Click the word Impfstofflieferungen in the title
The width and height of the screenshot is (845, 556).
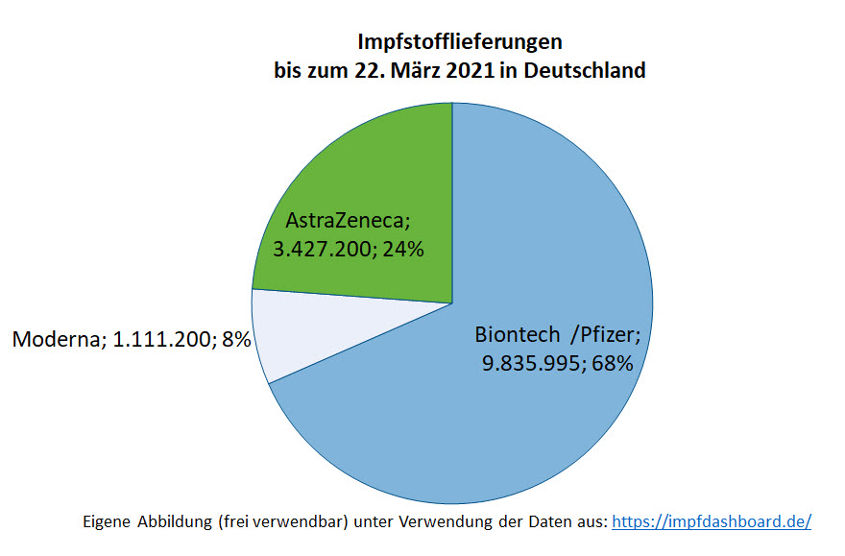460,42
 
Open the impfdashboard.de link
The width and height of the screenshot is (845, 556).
712,522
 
